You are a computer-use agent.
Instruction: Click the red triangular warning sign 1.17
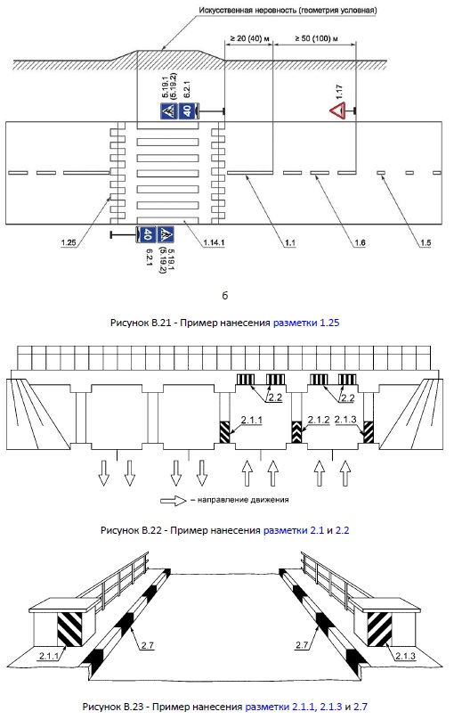click(337, 111)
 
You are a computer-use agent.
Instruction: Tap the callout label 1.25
click(69, 242)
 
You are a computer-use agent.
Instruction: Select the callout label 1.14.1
click(214, 242)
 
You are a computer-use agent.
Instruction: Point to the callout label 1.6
click(360, 242)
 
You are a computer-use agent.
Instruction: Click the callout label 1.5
click(426, 242)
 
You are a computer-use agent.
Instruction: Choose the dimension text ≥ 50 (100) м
click(316, 38)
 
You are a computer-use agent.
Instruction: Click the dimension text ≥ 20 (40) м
click(249, 38)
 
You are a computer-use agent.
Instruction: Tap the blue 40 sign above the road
click(186, 111)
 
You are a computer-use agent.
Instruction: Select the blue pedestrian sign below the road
click(165, 234)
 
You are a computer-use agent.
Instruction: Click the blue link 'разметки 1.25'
click(306, 323)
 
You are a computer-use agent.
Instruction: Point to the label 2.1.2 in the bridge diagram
click(319, 420)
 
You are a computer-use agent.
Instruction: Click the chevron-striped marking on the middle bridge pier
click(296, 432)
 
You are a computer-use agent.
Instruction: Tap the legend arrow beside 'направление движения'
click(174, 501)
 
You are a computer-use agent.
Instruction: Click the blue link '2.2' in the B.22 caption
click(342, 530)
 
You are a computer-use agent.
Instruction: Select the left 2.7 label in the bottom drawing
click(148, 645)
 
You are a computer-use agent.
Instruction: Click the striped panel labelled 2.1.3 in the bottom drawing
click(379, 629)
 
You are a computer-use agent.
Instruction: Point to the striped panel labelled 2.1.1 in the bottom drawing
click(69, 629)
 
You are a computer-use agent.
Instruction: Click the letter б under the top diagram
click(225, 296)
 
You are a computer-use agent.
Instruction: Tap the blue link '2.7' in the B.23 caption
click(361, 707)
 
